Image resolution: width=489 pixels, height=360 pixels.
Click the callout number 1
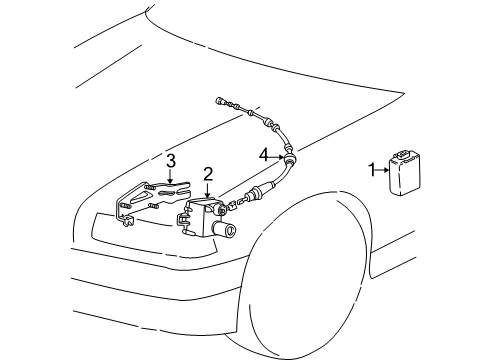[371, 171]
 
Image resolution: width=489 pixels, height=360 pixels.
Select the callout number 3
[171, 160]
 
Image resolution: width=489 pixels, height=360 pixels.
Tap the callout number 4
[264, 155]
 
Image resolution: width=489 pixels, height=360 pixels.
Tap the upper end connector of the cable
[222, 102]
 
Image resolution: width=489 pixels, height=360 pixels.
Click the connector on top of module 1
[404, 154]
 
